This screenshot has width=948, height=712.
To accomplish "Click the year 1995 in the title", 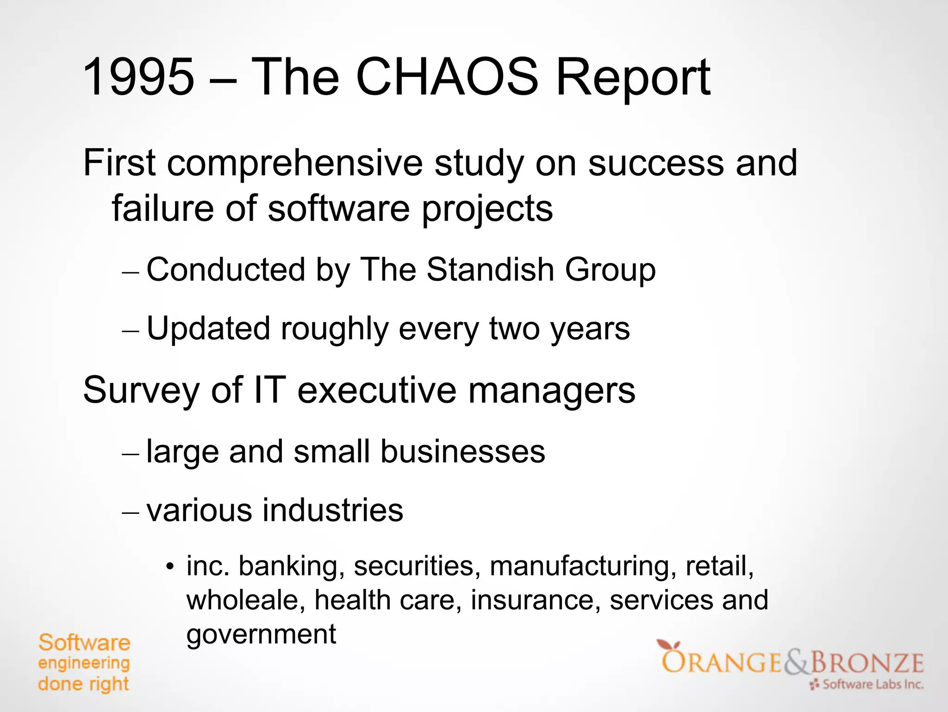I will coord(138,77).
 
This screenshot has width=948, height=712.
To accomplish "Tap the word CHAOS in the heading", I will coord(447,77).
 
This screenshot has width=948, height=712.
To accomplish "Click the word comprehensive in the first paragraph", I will coord(294,164).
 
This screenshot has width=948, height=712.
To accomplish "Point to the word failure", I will coord(162,208).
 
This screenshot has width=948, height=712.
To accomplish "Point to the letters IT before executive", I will coord(269,390).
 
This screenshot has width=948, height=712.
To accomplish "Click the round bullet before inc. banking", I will coord(170,567).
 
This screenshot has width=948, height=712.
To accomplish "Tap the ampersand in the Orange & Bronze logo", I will coord(796,662).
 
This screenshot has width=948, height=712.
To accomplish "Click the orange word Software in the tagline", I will coord(84,643).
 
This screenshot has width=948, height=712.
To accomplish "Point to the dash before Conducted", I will coord(131,272).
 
